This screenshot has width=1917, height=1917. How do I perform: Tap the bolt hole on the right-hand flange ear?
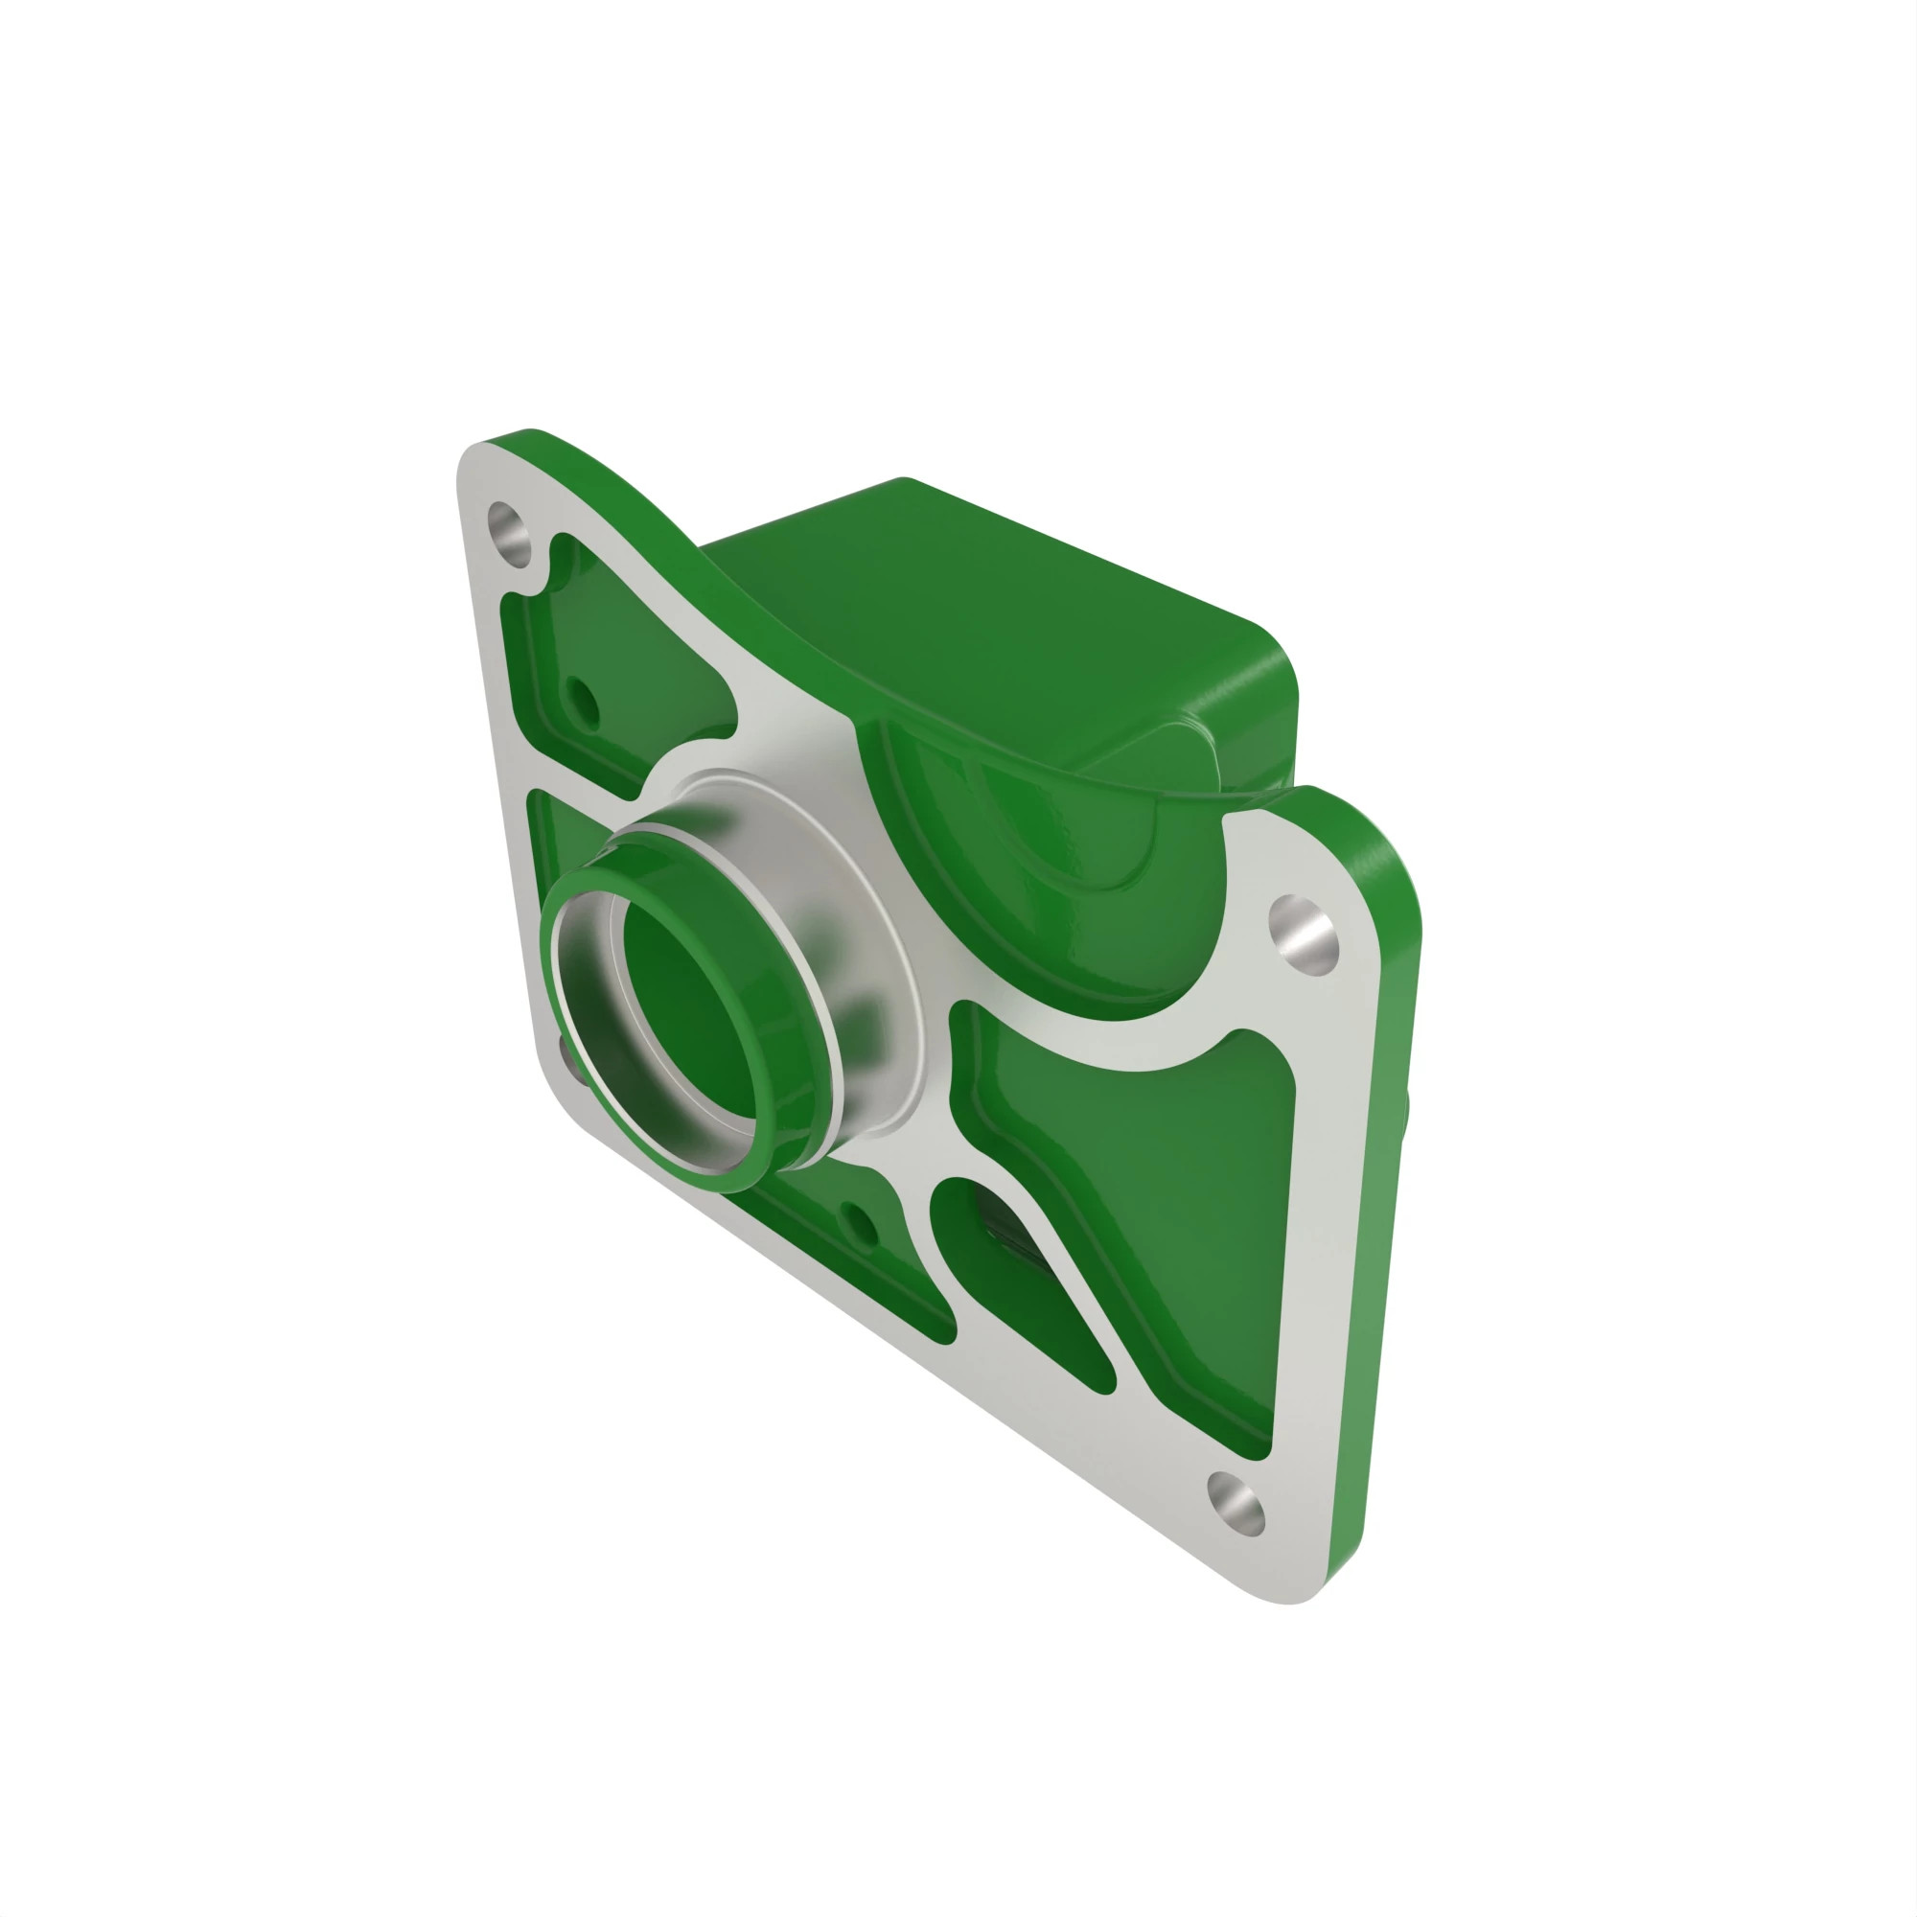[x=1303, y=933]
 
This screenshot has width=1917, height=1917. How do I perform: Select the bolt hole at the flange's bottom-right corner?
[x=1236, y=1506]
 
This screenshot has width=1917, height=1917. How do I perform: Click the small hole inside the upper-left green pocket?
[x=582, y=701]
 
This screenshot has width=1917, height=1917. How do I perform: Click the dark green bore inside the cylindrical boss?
[x=684, y=1003]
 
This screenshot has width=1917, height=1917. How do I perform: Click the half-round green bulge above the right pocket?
[x=1042, y=873]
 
